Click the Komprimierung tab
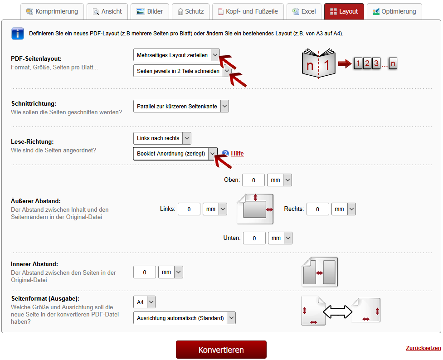click(x=52, y=12)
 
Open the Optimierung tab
click(x=394, y=12)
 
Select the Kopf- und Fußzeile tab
click(x=248, y=12)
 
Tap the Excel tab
click(x=304, y=12)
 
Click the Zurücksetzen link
click(x=423, y=348)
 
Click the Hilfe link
click(x=237, y=153)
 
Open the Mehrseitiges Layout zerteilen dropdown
click(x=176, y=55)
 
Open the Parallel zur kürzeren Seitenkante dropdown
click(x=181, y=106)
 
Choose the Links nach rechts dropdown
click(x=162, y=138)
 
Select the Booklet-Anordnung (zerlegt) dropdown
click(x=175, y=153)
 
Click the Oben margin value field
click(x=253, y=180)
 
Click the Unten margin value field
click(x=254, y=238)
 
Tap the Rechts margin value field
click(x=317, y=209)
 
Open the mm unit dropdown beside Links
click(x=215, y=209)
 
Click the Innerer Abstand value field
click(x=144, y=272)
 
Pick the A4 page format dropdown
click(x=144, y=302)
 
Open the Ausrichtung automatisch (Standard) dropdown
click(x=185, y=318)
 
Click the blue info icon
click(x=18, y=34)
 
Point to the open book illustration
click(x=319, y=63)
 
